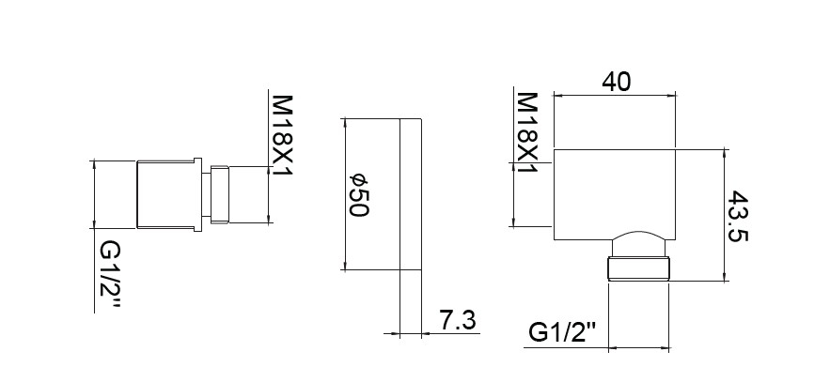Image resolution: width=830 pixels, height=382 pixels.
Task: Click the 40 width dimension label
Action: coord(617,82)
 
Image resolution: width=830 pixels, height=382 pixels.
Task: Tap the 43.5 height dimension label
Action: coord(737,216)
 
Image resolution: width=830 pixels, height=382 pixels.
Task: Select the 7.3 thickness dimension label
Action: coord(458,320)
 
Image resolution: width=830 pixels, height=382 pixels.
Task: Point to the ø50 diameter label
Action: coord(358,194)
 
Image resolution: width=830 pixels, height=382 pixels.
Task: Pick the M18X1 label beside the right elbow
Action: coord(526,132)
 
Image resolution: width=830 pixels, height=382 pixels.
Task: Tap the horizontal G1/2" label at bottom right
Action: coord(562,333)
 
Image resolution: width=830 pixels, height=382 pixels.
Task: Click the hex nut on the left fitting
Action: coord(219,194)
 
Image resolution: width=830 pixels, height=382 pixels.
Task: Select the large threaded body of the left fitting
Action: coord(166,194)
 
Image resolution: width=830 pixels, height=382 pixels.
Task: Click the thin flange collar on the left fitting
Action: coord(198,194)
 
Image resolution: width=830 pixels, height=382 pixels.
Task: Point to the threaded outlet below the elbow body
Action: coord(638,269)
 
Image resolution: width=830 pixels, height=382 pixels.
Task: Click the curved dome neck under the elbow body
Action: coord(639,244)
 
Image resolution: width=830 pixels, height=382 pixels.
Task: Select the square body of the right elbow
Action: coord(615,194)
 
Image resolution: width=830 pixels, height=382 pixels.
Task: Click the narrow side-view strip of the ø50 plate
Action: coord(410,194)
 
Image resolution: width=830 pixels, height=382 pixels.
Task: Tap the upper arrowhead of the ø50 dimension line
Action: coord(345,124)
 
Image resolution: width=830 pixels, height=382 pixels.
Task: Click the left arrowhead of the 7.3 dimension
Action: coord(394,333)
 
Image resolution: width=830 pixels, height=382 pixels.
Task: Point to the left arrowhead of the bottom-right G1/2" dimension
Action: coord(614,348)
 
